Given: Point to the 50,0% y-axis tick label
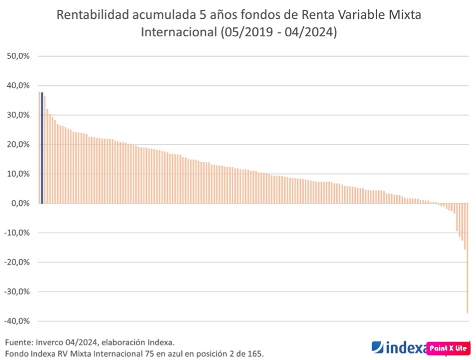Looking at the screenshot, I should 18,56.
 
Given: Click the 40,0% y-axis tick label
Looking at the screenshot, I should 18,85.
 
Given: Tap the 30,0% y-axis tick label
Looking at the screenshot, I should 18,115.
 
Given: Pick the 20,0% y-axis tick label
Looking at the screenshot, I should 18,144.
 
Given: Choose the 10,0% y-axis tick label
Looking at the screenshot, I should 18,174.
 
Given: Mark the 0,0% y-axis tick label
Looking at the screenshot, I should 20,203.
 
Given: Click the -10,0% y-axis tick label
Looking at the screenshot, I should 17,232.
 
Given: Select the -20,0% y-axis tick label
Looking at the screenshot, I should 17,262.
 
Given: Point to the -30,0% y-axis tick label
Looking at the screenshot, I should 17,291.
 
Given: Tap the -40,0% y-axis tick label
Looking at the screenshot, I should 17,321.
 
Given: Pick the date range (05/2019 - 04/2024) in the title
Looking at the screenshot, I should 278,32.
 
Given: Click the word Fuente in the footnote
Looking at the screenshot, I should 19,342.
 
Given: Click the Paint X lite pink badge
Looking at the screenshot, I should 447,348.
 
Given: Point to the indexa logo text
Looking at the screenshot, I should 399,348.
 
